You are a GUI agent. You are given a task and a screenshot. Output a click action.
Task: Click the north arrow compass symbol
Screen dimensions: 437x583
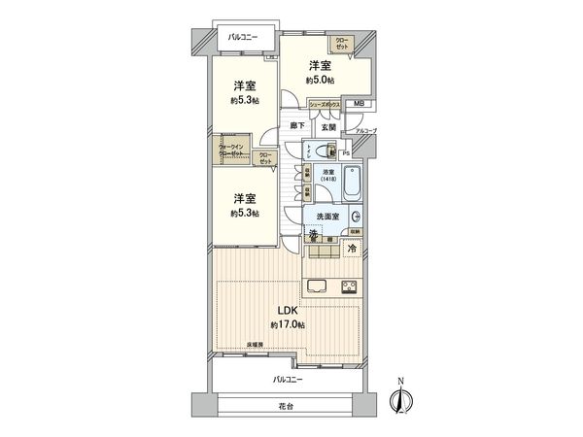pos(400,399)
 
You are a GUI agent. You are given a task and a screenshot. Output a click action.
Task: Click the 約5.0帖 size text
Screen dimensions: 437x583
pos(322,82)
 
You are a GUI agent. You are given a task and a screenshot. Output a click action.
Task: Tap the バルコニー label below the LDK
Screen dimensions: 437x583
pos(289,379)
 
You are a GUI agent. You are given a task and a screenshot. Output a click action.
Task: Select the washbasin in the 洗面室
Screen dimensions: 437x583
pos(356,218)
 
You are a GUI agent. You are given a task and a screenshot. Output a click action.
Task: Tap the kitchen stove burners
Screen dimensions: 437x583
pos(348,286)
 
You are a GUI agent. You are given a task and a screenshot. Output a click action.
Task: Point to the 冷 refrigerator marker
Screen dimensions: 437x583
pos(350,248)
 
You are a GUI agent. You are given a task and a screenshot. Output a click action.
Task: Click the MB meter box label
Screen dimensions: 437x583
pos(358,103)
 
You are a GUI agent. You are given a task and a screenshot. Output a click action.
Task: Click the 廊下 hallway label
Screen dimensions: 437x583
pos(296,126)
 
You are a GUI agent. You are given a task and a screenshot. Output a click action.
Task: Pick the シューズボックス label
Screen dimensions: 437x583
pos(324,103)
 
